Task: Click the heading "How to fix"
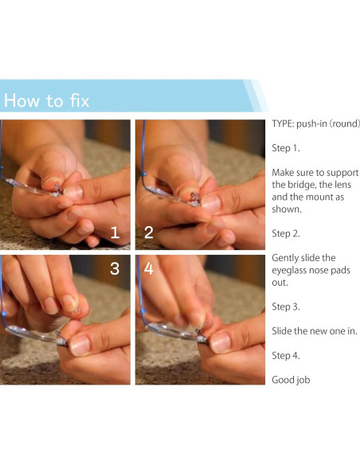click(46, 100)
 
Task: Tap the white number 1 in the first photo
click(115, 232)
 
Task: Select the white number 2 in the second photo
click(149, 232)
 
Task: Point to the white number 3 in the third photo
click(115, 268)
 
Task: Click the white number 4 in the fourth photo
click(149, 268)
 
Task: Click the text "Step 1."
click(286, 148)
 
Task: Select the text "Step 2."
click(286, 233)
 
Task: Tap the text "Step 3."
click(286, 307)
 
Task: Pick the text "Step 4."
click(286, 355)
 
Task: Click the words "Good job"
click(291, 380)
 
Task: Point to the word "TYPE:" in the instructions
click(283, 123)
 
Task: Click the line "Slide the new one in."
click(315, 331)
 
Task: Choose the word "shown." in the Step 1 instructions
click(287, 209)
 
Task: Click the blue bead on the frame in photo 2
click(144, 174)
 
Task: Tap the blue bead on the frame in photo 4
click(144, 311)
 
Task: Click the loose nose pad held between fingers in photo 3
click(78, 311)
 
